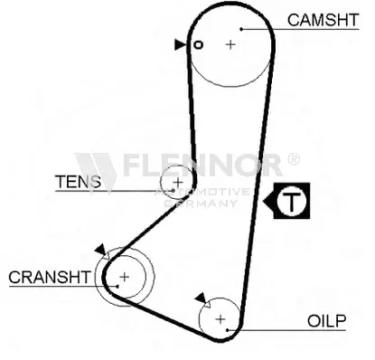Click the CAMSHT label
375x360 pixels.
tap(323, 20)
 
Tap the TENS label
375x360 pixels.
tap(78, 182)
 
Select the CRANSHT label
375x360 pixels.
tap(50, 277)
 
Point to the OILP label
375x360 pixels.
tap(327, 321)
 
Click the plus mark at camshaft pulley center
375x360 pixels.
tap(230, 44)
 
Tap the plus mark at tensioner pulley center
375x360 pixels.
tap(178, 182)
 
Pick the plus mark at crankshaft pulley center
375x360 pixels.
tap(124, 277)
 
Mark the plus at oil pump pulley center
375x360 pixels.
tap(220, 319)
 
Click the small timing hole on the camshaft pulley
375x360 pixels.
tap(198, 45)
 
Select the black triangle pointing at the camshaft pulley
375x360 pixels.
tap(180, 44)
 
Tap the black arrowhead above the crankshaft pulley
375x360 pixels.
tap(100, 250)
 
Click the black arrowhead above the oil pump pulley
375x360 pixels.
tap(200, 298)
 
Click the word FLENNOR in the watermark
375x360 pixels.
tap(202, 165)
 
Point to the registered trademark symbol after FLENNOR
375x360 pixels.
tap(294, 159)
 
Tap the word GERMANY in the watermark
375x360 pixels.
tap(201, 204)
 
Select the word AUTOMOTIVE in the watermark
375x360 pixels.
tap(202, 192)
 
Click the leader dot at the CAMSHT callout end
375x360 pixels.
tap(241, 29)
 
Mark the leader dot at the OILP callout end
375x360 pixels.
tap(228, 330)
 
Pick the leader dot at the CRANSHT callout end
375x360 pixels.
tap(117, 286)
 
